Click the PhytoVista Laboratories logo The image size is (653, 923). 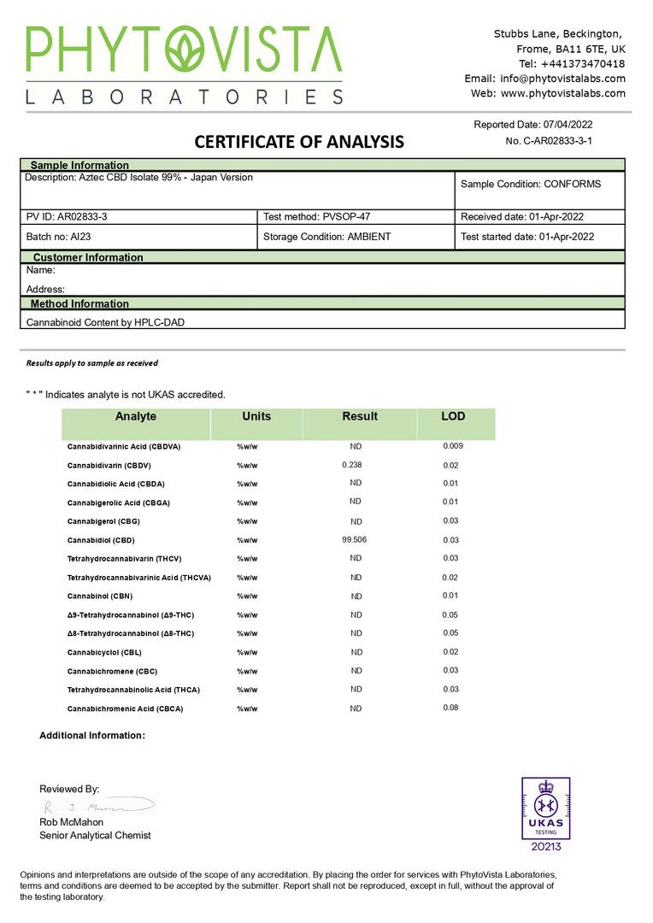click(184, 65)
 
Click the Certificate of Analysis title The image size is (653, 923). click(299, 142)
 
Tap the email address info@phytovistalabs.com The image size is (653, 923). click(560, 79)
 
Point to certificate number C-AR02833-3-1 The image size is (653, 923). click(549, 140)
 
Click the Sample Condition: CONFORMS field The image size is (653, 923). click(530, 184)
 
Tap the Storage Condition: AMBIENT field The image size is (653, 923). click(326, 237)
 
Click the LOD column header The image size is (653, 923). click(453, 416)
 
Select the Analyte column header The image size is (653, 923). click(136, 416)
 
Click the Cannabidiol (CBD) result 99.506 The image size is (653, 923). click(355, 540)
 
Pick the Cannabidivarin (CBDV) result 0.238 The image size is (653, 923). click(351, 465)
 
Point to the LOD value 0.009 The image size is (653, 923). click(453, 446)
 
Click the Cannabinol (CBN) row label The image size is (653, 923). click(100, 597)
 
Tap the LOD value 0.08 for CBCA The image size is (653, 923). click(450, 708)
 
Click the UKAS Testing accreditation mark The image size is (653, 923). click(545, 815)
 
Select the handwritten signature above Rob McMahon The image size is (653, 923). click(96, 806)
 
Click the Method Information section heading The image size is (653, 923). click(79, 303)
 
